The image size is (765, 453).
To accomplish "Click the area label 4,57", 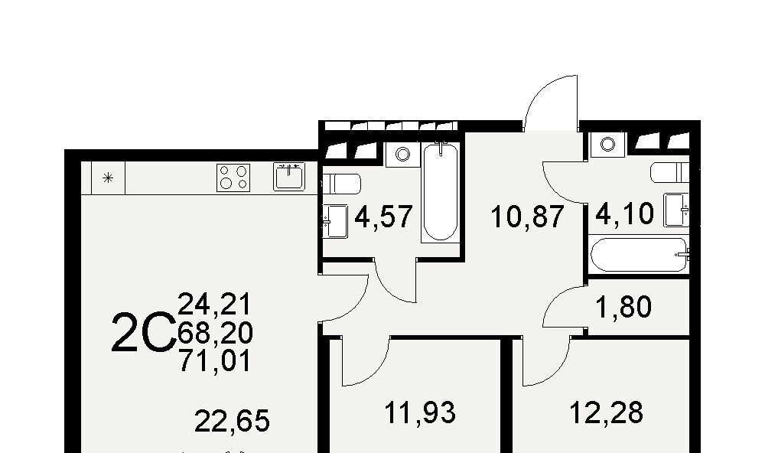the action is [x=383, y=217].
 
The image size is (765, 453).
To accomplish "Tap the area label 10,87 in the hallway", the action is [x=527, y=217].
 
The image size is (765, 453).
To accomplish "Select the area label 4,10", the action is [x=624, y=213].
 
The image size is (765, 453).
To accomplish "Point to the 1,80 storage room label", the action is [x=624, y=307].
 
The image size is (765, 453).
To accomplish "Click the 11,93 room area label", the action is [x=420, y=412].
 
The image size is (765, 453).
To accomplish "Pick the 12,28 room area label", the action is [x=607, y=412].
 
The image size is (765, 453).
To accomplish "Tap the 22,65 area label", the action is [x=233, y=421].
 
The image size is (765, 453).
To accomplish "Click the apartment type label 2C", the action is [x=144, y=333].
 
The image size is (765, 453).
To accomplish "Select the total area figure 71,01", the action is [x=215, y=361].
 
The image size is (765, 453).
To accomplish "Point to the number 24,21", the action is [x=215, y=305].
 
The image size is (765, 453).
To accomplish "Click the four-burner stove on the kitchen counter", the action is [x=233, y=178].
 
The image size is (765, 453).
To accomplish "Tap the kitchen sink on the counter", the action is [x=289, y=177].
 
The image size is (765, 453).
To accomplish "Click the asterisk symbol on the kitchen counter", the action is [x=109, y=178].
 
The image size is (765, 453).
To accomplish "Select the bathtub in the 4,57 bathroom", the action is [x=441, y=192].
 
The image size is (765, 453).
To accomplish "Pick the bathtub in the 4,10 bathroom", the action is [x=640, y=254].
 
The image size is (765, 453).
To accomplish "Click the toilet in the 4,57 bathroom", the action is [x=341, y=184].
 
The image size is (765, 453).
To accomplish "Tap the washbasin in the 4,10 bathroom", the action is [x=676, y=210].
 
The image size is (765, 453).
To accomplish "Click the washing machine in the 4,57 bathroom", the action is [x=402, y=155].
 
